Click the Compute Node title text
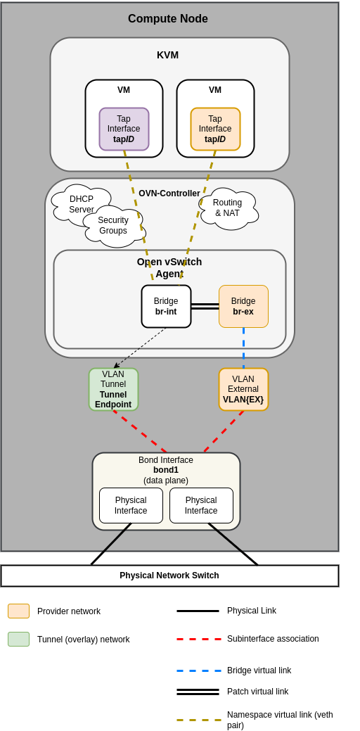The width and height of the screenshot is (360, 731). coord(167,19)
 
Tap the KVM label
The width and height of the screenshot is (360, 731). coord(167,55)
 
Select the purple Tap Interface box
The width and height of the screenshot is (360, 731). coord(124,129)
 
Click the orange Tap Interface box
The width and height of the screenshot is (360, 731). coord(215,129)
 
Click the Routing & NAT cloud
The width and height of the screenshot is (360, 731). coord(228,208)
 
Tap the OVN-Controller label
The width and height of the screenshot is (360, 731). coord(169,193)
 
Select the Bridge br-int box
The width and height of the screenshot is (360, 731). coord(166,306)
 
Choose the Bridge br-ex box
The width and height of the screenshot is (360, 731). coord(243,306)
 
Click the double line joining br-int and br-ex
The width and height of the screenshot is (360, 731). coord(205,306)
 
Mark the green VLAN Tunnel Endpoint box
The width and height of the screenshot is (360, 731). coord(113,389)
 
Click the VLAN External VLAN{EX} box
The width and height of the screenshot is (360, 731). coord(243,389)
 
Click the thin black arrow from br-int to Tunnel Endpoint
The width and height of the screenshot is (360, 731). coord(141,348)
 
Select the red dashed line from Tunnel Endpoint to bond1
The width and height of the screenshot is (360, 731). coord(139,431)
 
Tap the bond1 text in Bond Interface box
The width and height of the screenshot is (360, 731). coord(166,470)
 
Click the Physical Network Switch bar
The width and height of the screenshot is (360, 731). coord(169,576)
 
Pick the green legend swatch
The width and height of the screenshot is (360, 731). coord(18,639)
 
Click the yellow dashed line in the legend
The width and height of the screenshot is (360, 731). coord(199,720)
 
